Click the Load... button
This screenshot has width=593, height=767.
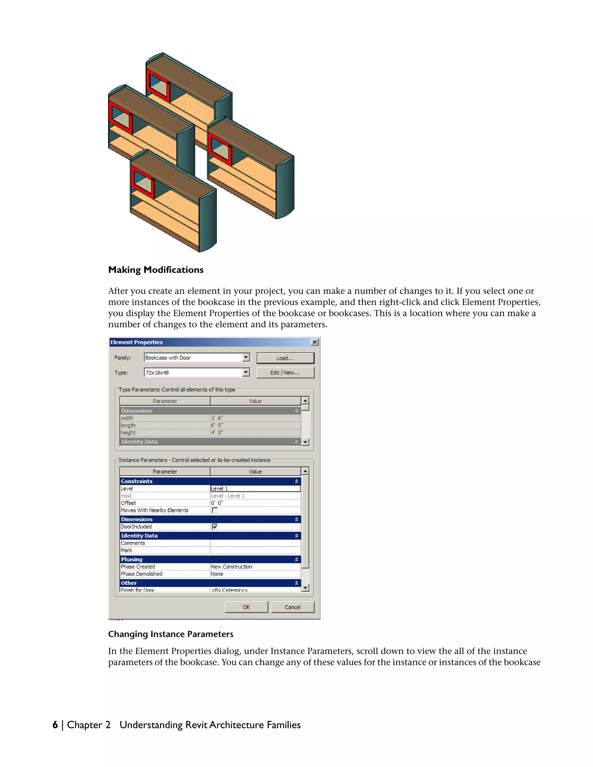tap(285, 358)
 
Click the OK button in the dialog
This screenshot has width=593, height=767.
tap(246, 607)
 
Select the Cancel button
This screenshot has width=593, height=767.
tap(292, 607)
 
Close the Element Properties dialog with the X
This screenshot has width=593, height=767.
tap(315, 342)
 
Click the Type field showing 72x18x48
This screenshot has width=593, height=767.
tap(193, 373)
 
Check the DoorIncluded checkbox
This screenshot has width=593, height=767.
tap(215, 526)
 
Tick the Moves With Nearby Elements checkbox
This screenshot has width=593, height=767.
tap(215, 510)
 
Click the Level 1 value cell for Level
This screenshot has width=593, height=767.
tap(255, 489)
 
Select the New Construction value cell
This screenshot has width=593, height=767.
tap(255, 566)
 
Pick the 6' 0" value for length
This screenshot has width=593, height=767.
tap(255, 425)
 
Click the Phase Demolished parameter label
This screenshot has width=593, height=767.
tap(142, 574)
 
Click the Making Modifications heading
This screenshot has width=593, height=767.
tap(155, 270)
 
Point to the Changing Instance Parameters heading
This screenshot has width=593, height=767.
tap(170, 634)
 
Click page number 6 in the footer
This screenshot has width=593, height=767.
tap(55, 725)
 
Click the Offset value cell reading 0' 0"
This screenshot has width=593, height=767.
tap(255, 503)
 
